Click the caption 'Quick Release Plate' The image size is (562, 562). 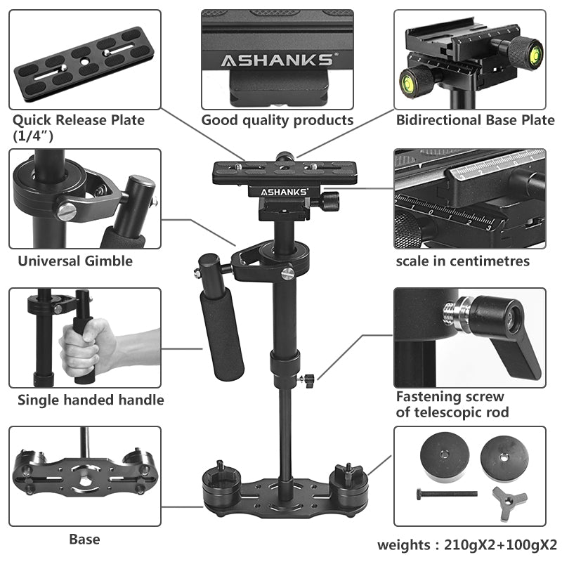pos(79,120)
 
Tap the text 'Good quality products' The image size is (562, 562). pos(277,120)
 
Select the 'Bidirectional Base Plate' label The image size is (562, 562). pos(475,120)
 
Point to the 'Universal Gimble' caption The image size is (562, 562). pos(75,261)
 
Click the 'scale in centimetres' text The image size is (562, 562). pos(462,261)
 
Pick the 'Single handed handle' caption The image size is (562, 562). pos(91,400)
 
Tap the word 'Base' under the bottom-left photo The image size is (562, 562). pos(84,540)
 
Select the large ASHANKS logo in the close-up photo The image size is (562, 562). pos(277,60)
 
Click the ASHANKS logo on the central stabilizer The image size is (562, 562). pos(281,190)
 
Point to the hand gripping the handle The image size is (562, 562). pos(88,344)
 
